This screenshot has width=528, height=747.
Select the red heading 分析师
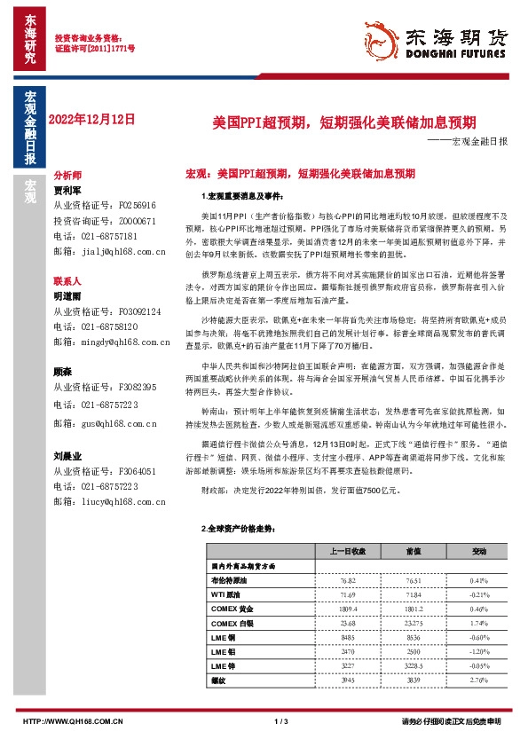click(67, 177)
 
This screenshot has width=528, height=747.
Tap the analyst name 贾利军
click(67, 190)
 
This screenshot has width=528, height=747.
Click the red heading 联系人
click(67, 280)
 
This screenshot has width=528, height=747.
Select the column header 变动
click(479, 551)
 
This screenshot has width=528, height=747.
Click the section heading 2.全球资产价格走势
click(236, 528)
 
